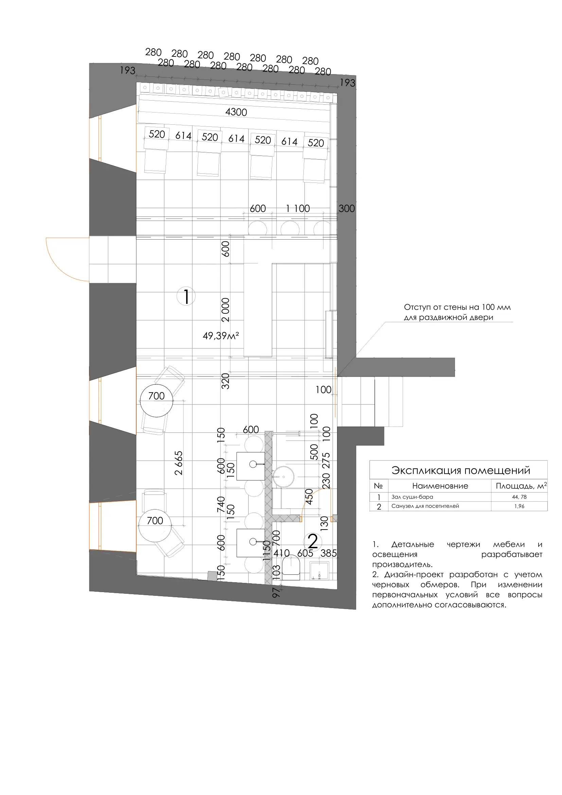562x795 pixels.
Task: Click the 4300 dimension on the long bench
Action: (236, 112)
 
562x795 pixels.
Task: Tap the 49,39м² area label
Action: (221, 335)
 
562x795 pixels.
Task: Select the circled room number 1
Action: (186, 296)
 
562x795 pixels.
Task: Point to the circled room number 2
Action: (313, 541)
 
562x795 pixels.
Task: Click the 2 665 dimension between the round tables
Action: (179, 463)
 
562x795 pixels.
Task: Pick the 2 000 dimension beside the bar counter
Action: (225, 310)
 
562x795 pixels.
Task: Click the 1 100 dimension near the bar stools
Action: (298, 208)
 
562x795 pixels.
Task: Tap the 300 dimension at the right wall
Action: (347, 208)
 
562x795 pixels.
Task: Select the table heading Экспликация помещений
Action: (461, 470)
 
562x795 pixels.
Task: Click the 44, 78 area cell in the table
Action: (519, 497)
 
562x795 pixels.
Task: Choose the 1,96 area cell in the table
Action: (519, 506)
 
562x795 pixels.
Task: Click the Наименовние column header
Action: (440, 486)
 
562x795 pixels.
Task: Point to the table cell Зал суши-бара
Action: (412, 497)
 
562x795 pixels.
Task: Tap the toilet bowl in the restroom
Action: (291, 567)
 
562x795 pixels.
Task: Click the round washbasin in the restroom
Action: (283, 477)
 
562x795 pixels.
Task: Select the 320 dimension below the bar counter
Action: (225, 381)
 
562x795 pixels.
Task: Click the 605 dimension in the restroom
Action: (305, 553)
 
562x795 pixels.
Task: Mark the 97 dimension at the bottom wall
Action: (276, 592)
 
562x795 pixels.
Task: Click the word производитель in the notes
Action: (402, 565)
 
